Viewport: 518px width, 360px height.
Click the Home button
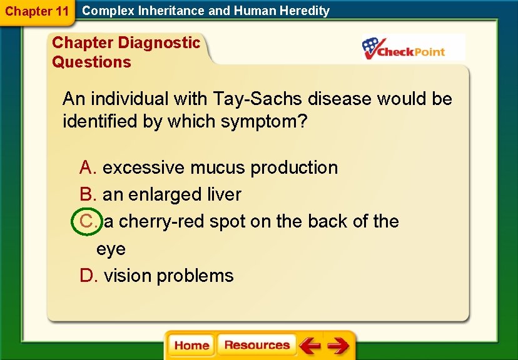coord(191,346)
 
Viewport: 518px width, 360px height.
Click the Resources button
coord(256,345)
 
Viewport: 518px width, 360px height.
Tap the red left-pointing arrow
coord(309,346)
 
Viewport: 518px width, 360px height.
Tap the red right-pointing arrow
coord(338,346)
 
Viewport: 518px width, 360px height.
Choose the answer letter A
coord(87,167)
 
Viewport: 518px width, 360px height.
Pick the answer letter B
coord(87,194)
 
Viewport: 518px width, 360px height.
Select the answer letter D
coord(88,276)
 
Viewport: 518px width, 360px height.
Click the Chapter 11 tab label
coord(36,11)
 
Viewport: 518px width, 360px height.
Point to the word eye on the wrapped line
coord(111,249)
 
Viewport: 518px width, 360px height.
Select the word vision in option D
coord(128,276)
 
